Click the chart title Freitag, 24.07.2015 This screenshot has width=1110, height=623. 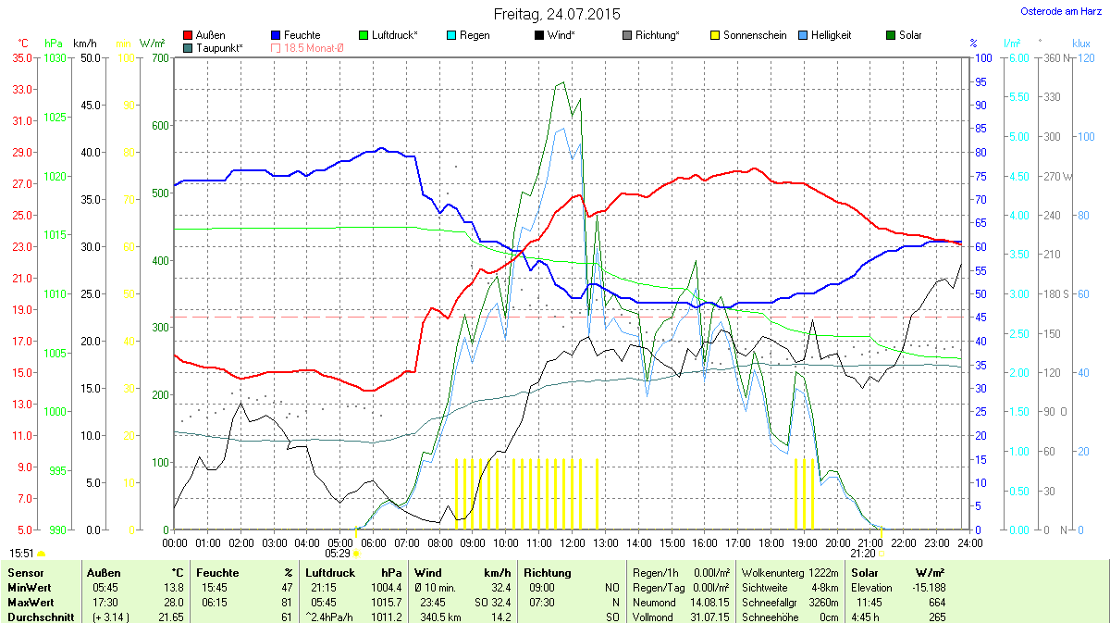(x=557, y=14)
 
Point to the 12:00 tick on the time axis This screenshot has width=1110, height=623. (x=572, y=542)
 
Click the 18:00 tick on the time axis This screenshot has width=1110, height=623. (x=771, y=542)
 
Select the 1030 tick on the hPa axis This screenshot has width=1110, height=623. (x=56, y=57)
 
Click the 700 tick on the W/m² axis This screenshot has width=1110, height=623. (x=161, y=57)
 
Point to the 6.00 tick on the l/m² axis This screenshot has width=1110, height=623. (x=1017, y=57)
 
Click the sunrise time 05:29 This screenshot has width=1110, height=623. (x=338, y=553)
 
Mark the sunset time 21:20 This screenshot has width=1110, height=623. (x=863, y=553)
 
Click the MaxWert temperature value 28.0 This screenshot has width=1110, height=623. (x=175, y=602)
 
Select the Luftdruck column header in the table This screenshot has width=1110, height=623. (x=330, y=573)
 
